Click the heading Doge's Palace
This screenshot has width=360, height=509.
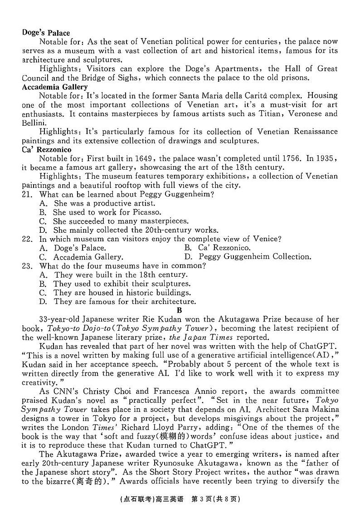(x=46, y=33)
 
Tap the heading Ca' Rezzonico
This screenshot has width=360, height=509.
(x=46, y=149)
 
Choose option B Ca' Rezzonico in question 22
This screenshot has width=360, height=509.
(x=218, y=248)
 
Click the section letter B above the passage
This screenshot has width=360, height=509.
(x=179, y=310)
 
